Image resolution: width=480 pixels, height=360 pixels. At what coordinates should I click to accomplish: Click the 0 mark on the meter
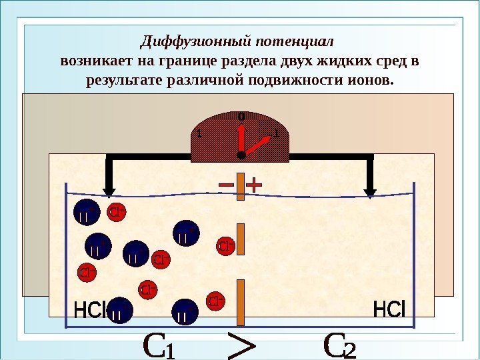241,117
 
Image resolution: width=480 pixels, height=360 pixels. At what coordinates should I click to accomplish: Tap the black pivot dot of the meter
241,154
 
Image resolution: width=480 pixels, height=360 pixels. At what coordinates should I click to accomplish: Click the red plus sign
255,183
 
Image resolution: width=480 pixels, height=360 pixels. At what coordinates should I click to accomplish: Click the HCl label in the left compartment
90,311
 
